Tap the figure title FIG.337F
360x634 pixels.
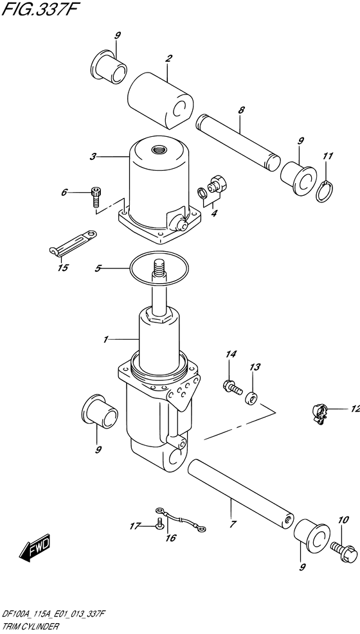(x=39, y=8)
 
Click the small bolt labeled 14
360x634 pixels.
(x=232, y=387)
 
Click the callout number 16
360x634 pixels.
(x=171, y=538)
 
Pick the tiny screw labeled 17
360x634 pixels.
(x=159, y=524)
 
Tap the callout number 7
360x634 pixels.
(x=233, y=524)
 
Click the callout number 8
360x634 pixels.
(x=242, y=110)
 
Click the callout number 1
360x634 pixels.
(x=105, y=339)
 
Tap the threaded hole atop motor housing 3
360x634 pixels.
(x=158, y=150)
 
